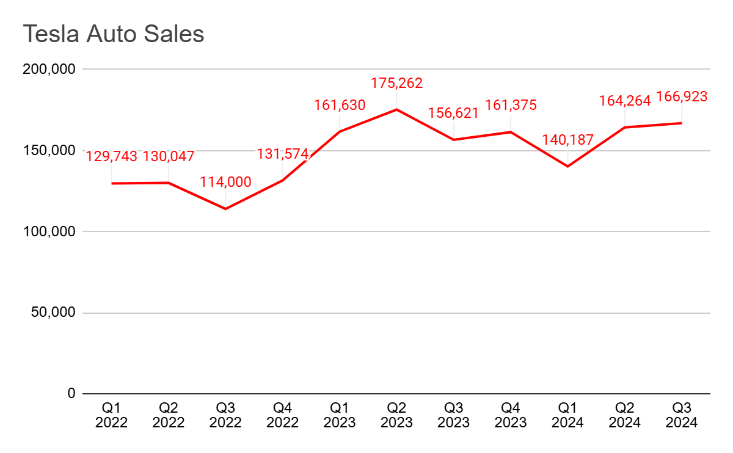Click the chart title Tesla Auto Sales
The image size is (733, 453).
coord(114,34)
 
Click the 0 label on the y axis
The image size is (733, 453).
coord(71,394)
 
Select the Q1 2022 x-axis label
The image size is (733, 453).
coord(111,414)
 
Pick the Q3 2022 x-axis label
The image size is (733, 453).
coord(225,414)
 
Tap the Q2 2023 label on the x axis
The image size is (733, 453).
coord(396,414)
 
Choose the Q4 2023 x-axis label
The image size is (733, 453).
coord(511,414)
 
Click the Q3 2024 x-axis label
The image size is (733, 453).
coord(682,414)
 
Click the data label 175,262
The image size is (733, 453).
coord(397,83)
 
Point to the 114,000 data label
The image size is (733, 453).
coord(225,182)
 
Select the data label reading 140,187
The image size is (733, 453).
coord(567,140)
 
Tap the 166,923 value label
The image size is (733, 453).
coord(682,96)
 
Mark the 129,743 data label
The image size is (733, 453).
coord(112,156)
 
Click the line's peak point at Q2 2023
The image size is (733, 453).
coord(396,109)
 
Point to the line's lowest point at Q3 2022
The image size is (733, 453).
coord(225,209)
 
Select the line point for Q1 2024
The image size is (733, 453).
coord(567,166)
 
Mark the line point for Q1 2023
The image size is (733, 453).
coord(340,131)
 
